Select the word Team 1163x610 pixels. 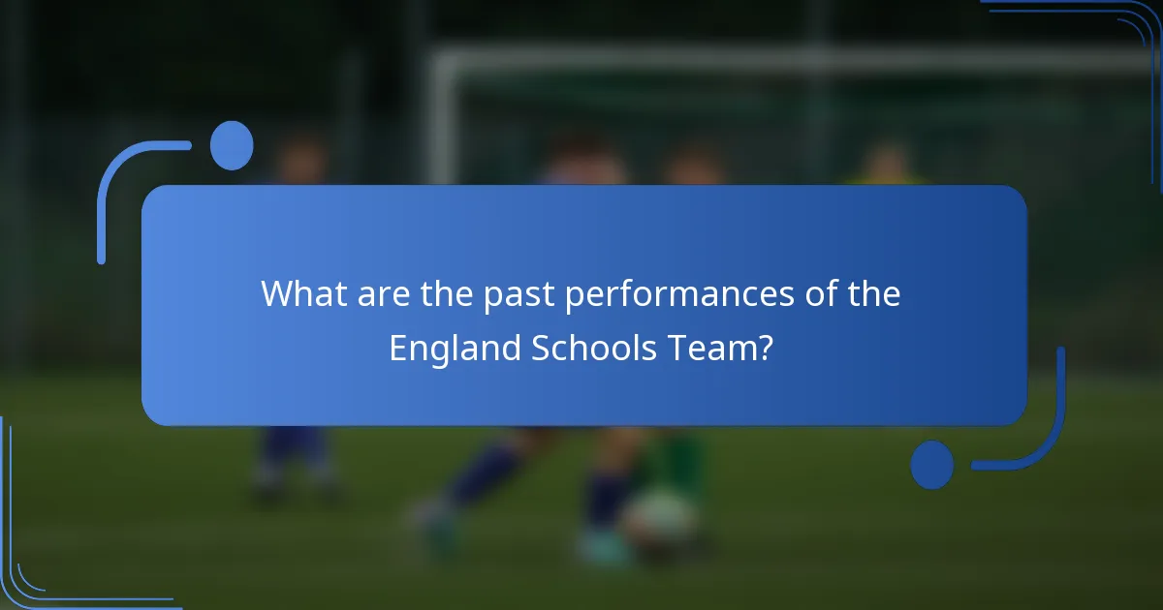click(709, 349)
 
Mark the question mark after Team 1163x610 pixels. click(765, 349)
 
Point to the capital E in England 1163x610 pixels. click(397, 349)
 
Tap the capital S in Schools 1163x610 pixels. click(541, 349)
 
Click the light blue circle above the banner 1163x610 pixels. click(232, 145)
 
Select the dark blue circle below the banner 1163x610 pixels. click(931, 465)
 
